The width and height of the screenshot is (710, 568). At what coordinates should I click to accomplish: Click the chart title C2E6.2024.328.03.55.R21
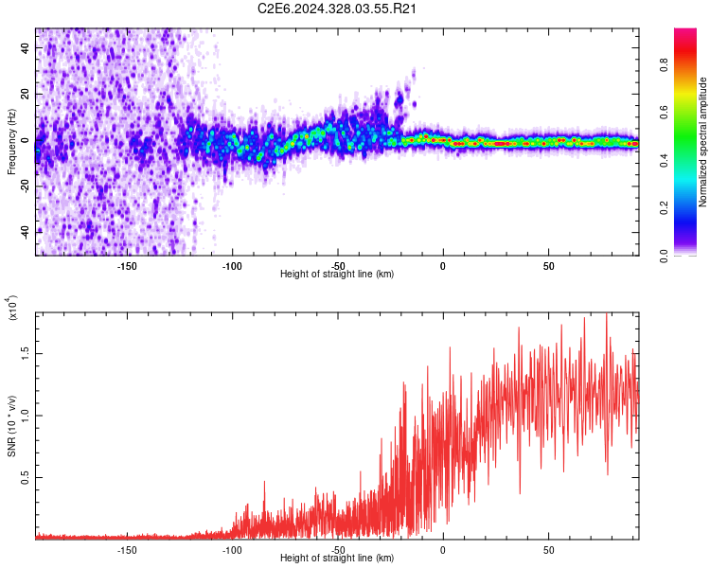coord(338,9)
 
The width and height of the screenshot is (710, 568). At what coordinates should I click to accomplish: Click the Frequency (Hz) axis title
coord(11,142)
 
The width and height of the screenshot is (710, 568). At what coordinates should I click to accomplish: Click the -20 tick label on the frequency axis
coord(24,186)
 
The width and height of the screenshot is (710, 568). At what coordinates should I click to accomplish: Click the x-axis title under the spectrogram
coord(337,274)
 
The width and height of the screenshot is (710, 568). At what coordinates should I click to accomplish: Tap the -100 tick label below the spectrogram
coord(232,264)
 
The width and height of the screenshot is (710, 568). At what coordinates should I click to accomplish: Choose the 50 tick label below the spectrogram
coord(548,264)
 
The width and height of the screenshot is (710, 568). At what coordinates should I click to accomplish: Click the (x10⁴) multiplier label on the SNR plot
coord(13,310)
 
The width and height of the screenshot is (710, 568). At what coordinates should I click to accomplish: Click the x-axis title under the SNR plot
coord(337,558)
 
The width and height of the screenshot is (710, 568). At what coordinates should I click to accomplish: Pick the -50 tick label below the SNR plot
coord(338,548)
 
